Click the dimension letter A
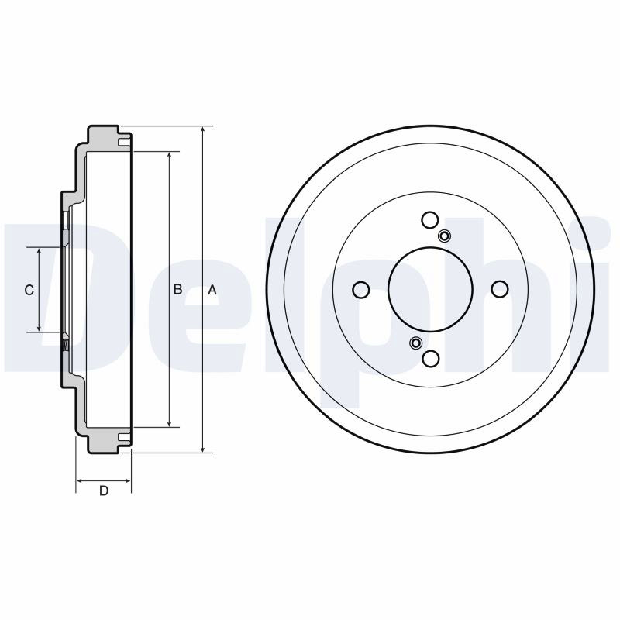pos(212,290)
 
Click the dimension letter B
pos(177,289)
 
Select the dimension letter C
pos(29,290)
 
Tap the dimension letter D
pos(104,491)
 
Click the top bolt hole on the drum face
pos(430,220)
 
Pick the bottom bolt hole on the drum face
pos(431,358)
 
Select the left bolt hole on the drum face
pos(360,289)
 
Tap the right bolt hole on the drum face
pos(500,289)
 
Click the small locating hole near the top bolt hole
pos(444,236)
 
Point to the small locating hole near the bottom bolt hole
pos(415,343)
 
